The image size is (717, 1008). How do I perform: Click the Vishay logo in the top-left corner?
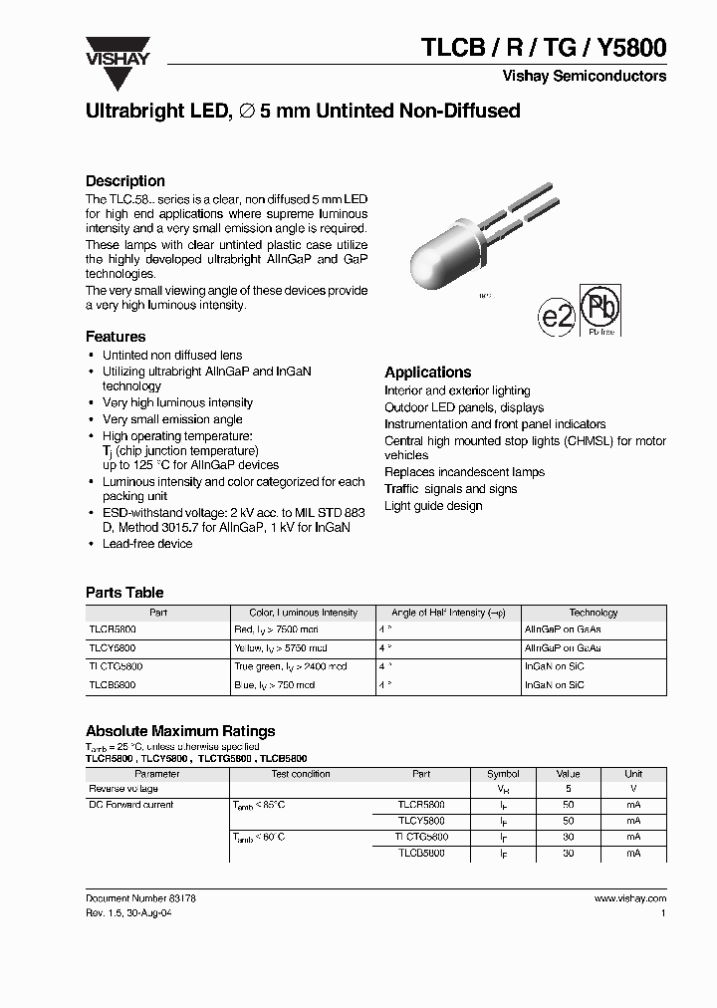pos(117,51)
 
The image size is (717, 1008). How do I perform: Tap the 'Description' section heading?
pos(125,181)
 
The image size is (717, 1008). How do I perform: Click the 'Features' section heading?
pos(116,337)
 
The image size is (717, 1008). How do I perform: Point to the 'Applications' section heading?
pos(427,373)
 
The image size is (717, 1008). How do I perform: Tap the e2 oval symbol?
pos(557,316)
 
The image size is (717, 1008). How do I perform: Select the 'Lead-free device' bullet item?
pos(147,544)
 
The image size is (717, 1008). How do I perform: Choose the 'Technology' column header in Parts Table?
pos(594,613)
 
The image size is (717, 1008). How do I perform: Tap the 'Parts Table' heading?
pos(124,593)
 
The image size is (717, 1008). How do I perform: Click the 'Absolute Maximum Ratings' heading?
pos(180,731)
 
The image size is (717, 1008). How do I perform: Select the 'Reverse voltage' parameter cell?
pos(122,788)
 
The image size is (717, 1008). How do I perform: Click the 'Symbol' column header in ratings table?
pos(503,773)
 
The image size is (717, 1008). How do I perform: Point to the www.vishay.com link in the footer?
pos(630,897)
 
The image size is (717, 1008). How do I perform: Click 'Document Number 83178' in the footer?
pos(140,897)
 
